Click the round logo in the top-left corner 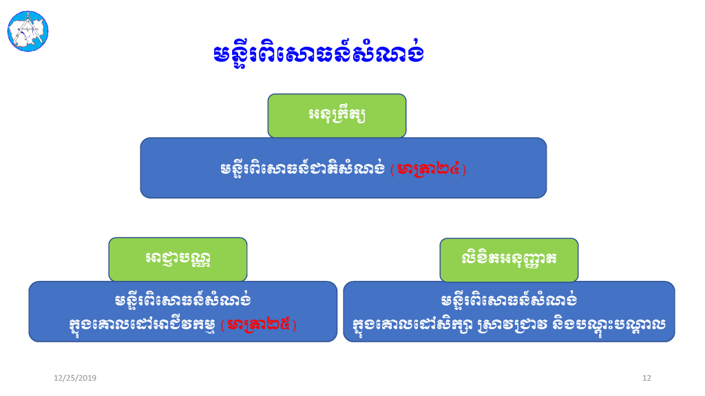click(x=28, y=31)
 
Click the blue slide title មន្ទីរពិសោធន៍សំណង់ click(x=319, y=53)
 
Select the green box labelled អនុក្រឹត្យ click(x=337, y=116)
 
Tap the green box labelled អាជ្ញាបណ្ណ click(x=178, y=259)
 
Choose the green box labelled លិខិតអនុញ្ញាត click(x=509, y=260)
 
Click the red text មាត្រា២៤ click(x=428, y=169)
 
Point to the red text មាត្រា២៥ click(x=259, y=324)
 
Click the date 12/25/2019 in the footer click(x=75, y=378)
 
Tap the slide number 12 click(x=646, y=378)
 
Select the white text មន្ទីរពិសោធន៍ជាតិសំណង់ click(x=303, y=169)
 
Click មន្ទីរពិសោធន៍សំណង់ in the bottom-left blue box click(x=182, y=300)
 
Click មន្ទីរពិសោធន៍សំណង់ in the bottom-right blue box click(x=509, y=300)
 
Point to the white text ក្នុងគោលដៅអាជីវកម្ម click(x=142, y=325)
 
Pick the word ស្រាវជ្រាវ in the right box click(x=512, y=325)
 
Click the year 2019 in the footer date click(x=87, y=378)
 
